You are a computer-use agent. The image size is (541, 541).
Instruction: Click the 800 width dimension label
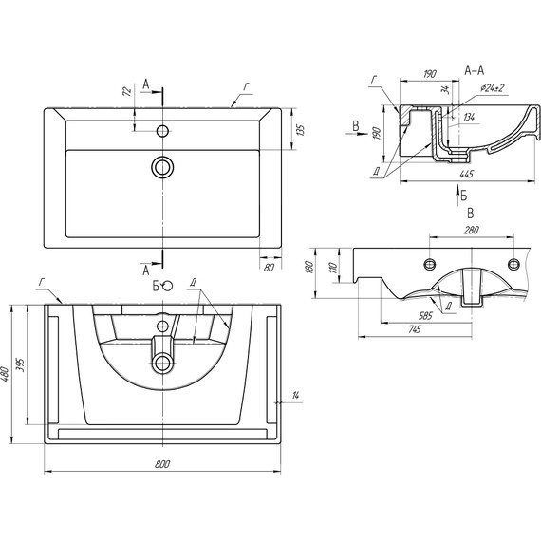click(161, 464)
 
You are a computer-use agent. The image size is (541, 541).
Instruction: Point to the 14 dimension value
click(295, 395)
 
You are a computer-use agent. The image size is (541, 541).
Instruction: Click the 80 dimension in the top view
click(270, 268)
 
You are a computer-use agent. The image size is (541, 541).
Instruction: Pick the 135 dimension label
click(301, 130)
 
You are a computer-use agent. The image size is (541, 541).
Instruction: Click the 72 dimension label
click(127, 91)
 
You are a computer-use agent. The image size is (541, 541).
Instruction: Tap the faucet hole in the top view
click(162, 131)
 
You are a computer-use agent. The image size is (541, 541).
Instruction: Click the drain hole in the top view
click(162, 167)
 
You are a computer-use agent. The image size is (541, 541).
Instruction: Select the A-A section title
click(475, 71)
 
